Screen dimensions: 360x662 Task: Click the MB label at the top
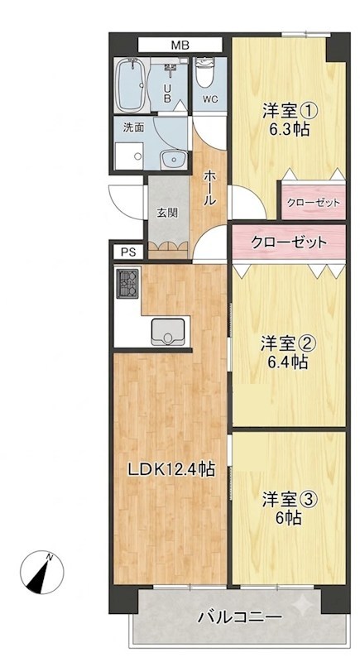click(x=180, y=46)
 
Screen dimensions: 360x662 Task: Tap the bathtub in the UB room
click(x=132, y=85)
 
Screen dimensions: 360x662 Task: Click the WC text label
click(x=209, y=99)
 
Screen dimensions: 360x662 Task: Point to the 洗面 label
click(x=132, y=127)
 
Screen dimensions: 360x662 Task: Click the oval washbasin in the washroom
click(x=173, y=159)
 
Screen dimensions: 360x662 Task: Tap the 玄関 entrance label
click(x=167, y=213)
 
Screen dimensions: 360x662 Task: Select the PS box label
click(x=128, y=252)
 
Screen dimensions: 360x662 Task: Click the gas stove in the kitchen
click(x=127, y=283)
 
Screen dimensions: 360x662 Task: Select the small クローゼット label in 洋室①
click(x=313, y=203)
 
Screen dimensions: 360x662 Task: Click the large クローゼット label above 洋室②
click(x=288, y=242)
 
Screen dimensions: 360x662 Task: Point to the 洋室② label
click(x=287, y=343)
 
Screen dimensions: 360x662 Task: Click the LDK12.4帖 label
click(x=171, y=468)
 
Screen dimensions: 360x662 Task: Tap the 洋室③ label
click(x=289, y=500)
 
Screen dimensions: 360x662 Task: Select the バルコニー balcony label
click(x=240, y=617)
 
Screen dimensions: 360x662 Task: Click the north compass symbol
click(x=42, y=572)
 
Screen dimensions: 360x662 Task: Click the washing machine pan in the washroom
click(x=129, y=156)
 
